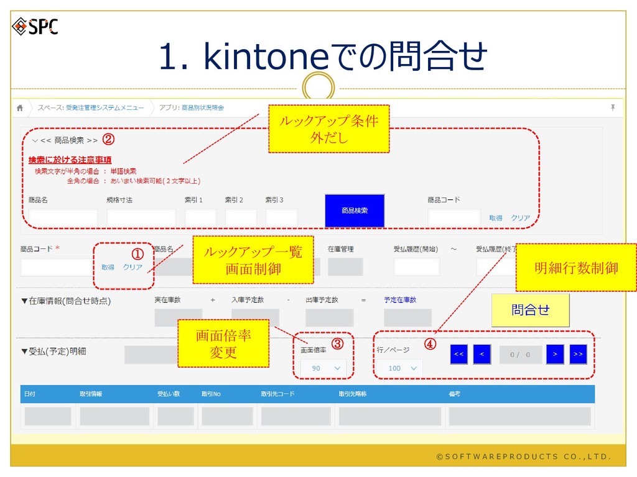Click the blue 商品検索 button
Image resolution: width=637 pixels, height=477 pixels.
[x=355, y=211]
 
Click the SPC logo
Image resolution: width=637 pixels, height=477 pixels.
[x=35, y=27]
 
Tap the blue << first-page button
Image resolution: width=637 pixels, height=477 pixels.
[x=459, y=354]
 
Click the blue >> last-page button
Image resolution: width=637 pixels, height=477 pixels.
[x=578, y=354]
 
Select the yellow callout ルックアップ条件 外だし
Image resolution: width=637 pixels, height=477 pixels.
[x=328, y=129]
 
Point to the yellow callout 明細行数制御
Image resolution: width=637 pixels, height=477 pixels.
[x=576, y=268]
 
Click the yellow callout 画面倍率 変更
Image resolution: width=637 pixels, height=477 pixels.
[x=223, y=343]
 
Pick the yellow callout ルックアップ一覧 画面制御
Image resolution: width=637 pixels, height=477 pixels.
[x=253, y=260]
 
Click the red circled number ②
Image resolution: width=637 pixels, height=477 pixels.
[x=108, y=140]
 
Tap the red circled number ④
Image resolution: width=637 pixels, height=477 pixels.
[x=430, y=343]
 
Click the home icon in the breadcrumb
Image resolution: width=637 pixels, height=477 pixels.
[x=20, y=108]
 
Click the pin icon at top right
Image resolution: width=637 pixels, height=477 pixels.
[x=612, y=108]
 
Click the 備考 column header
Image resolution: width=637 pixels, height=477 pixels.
[x=454, y=394]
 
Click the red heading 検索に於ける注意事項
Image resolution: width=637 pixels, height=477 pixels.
[x=70, y=160]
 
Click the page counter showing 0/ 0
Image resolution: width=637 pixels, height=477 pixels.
[x=519, y=355]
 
